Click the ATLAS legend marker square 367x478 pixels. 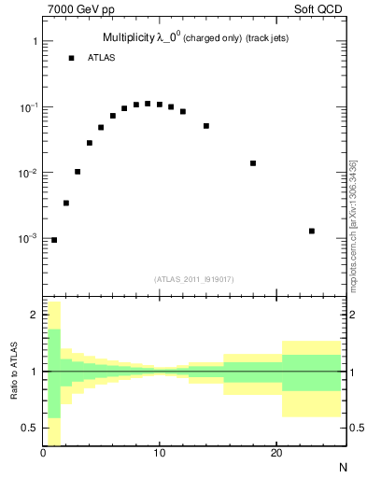coord(71,58)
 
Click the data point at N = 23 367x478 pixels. coord(312,231)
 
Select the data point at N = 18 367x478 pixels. coord(253,163)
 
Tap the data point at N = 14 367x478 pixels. coord(206,126)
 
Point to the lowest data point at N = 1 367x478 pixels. coord(54,240)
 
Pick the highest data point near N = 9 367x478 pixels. coord(148,104)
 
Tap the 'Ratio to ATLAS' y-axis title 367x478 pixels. coord(13,372)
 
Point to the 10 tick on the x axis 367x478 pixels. coord(160,453)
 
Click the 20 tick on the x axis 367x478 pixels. coord(276,453)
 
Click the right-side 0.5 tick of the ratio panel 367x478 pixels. coord(353,428)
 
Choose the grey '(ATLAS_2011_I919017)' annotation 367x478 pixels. coord(193,278)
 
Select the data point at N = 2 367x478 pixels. coord(66,203)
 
